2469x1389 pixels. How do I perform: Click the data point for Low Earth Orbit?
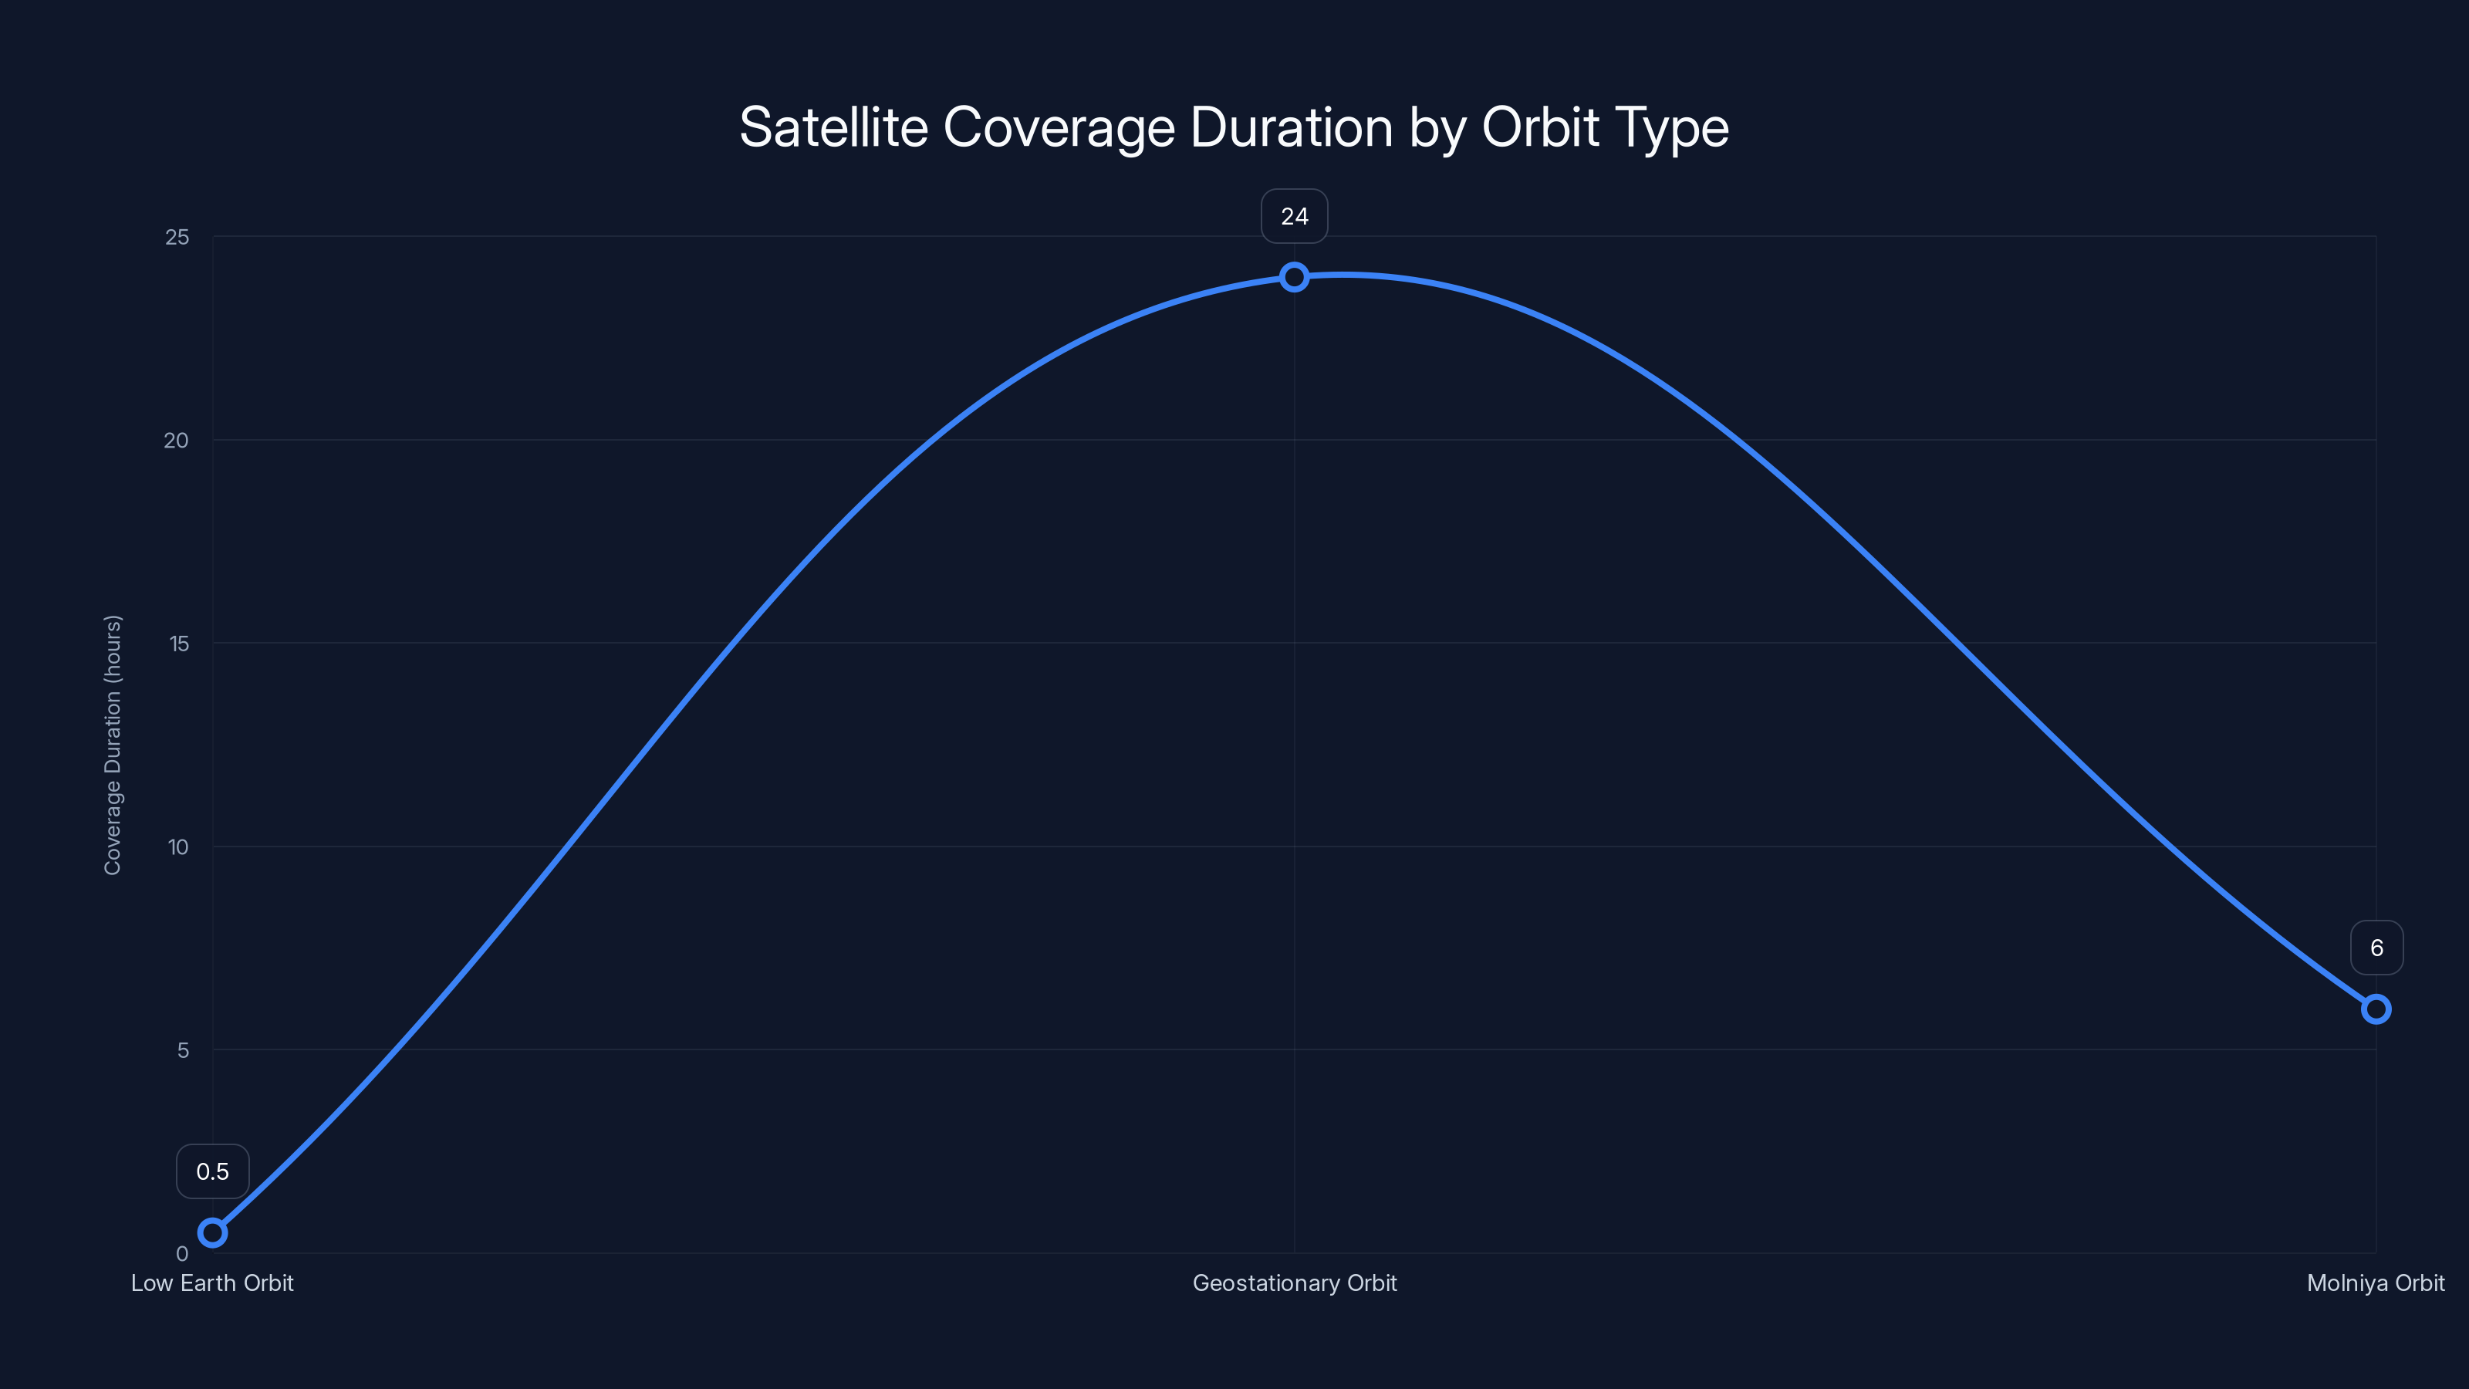(213, 1232)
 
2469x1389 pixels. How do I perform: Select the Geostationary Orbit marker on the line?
(1294, 277)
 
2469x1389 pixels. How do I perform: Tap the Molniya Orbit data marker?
(2375, 1009)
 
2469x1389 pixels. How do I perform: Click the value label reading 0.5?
(213, 1171)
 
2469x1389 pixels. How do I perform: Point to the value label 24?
(1294, 217)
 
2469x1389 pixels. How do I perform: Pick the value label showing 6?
(2376, 948)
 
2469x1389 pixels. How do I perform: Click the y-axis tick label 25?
(177, 237)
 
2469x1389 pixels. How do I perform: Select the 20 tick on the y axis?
(177, 440)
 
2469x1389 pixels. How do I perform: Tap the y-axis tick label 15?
(179, 644)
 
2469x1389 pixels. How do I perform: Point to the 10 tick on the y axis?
(178, 847)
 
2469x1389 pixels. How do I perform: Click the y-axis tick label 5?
(183, 1049)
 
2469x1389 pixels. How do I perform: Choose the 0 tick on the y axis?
(182, 1253)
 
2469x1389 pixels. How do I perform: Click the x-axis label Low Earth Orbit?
(213, 1283)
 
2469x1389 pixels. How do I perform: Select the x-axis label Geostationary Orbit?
(1294, 1283)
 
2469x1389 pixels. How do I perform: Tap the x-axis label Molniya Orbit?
(2375, 1283)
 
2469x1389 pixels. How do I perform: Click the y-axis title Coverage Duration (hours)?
(113, 745)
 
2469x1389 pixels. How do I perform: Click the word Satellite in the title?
(833, 127)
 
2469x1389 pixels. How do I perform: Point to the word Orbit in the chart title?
(1540, 127)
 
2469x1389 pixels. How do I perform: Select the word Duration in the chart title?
(1291, 127)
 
